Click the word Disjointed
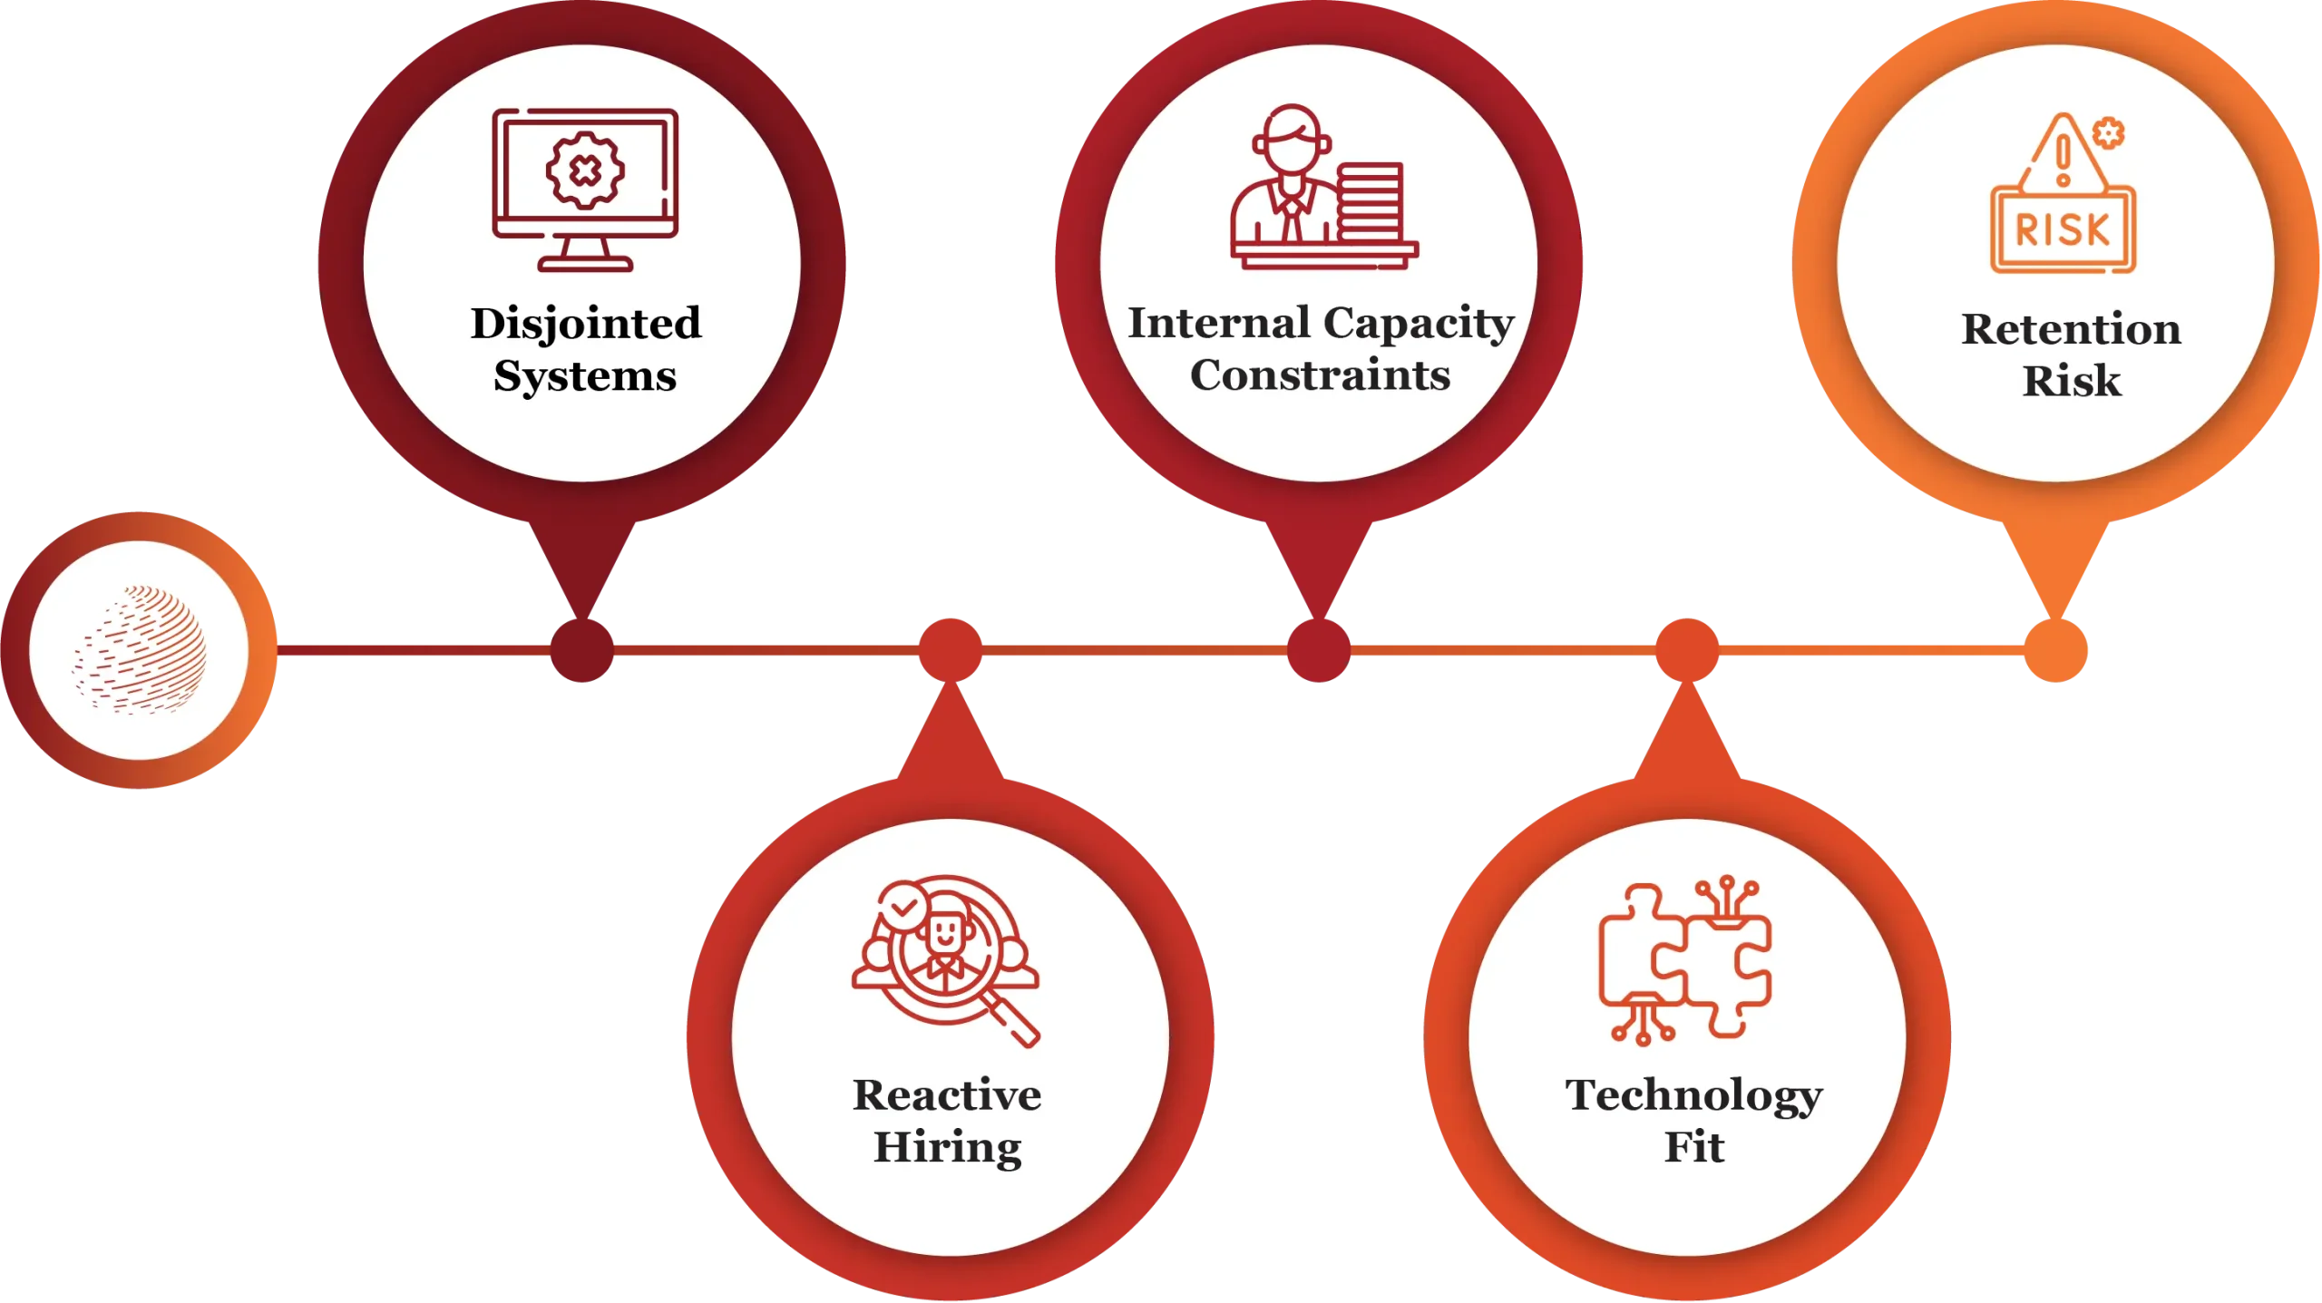pos(586,325)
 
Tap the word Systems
pos(585,376)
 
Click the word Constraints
pos(1320,375)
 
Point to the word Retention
pos(2071,329)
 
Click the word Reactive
pos(947,1095)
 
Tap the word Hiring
pos(947,1148)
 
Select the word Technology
pos(1693,1095)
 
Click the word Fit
pos(1693,1147)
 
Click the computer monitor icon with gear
pos(585,189)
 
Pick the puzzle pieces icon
pos(1684,961)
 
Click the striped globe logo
pos(140,649)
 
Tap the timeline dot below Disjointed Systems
pos(583,651)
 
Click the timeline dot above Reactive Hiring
pos(950,650)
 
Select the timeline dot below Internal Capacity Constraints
pos(1318,651)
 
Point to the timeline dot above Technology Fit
pos(1686,650)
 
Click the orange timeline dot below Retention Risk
pos(2056,651)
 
